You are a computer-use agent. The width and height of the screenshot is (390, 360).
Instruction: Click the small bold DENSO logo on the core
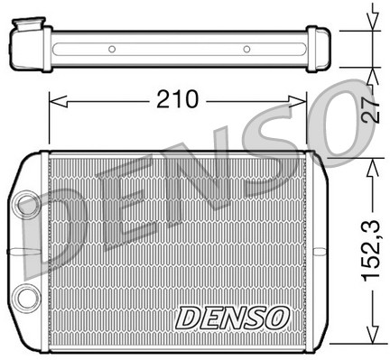point(232,318)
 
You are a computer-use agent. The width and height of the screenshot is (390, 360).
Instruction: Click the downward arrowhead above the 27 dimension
point(371,24)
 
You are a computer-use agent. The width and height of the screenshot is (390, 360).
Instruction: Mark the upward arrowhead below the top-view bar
point(371,71)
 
